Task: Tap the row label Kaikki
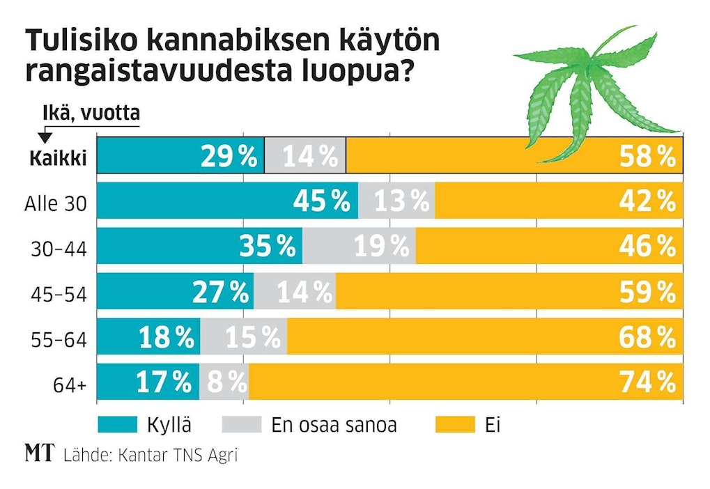(58, 159)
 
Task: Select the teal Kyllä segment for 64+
(148, 381)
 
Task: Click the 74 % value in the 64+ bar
(647, 381)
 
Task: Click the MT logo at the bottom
(40, 455)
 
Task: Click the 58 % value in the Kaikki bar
(647, 157)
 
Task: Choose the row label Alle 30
(56, 205)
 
